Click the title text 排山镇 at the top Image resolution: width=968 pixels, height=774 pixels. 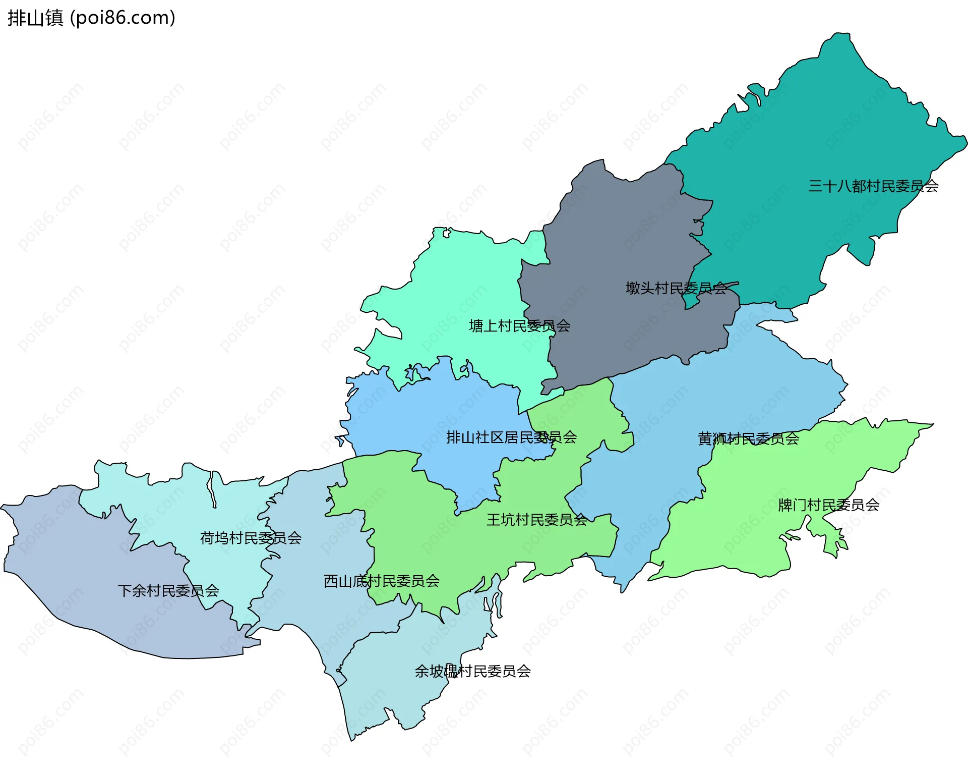tap(35, 18)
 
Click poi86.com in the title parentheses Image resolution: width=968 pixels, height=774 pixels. tap(123, 18)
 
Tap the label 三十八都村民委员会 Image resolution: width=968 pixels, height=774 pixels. tap(873, 186)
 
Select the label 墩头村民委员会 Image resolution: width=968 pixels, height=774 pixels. tap(676, 288)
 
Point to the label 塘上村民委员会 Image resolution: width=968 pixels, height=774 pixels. tap(519, 326)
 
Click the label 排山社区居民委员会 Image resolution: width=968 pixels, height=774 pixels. tap(511, 437)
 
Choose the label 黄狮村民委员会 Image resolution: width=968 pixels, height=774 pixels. tap(748, 438)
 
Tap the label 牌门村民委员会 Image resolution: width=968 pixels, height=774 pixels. tap(828, 505)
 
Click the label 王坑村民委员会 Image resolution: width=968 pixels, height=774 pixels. tap(536, 520)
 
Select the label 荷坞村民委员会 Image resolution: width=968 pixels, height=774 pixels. tap(251, 538)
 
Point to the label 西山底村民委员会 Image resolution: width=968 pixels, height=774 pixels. tap(381, 581)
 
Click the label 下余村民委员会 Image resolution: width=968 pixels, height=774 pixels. tap(168, 590)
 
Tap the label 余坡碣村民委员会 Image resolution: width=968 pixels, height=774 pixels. tap(472, 671)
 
